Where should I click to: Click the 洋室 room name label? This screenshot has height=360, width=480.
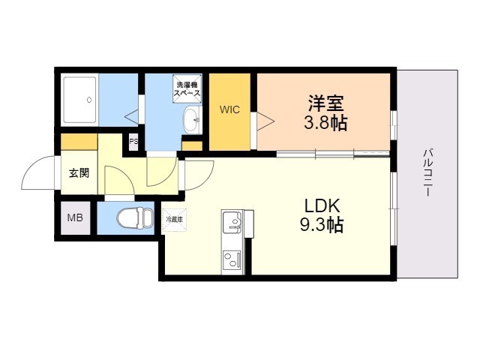coord(325,102)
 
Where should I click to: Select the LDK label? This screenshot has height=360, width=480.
coord(322,205)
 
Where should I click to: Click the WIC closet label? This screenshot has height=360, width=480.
coord(229,109)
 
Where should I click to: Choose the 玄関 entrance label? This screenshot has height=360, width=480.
coord(79,173)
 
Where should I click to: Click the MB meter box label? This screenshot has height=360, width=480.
coord(76,218)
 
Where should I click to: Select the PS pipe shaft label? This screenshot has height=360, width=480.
coord(133,141)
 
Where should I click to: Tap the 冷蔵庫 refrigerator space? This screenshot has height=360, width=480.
coord(173,220)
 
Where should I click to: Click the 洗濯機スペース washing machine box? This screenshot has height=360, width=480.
coord(187,89)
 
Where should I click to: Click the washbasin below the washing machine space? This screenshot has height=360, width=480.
coord(191,118)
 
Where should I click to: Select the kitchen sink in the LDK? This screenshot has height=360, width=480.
coord(232,223)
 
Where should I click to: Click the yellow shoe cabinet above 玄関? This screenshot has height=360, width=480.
coord(79,141)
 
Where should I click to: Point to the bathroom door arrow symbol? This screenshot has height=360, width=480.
coord(132,116)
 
